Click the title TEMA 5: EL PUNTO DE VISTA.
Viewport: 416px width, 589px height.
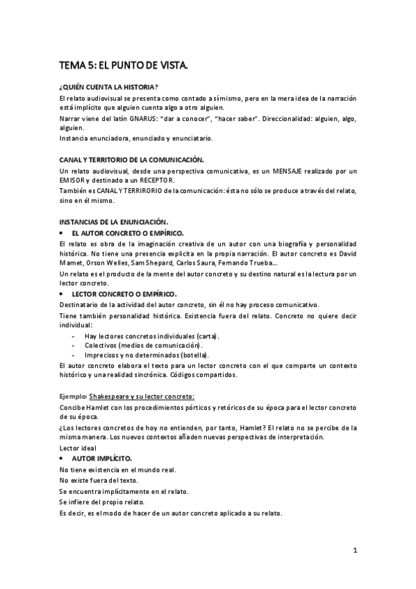point(124,65)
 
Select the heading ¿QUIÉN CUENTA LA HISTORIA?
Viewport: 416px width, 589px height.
point(109,87)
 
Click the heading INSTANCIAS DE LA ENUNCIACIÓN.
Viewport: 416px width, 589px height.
point(114,222)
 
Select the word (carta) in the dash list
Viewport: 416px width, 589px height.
point(207,335)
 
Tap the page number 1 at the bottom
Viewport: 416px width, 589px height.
point(354,551)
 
